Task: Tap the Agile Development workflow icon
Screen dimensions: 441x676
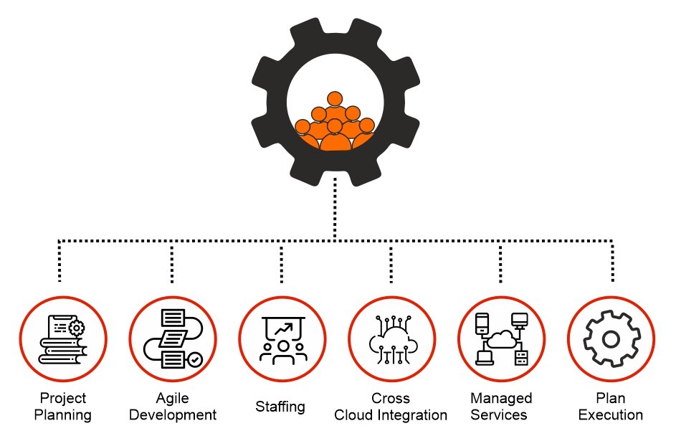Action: pos(173,338)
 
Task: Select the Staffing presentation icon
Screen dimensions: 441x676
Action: pos(282,338)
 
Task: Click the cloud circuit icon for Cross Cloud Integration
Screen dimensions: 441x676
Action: pos(391,338)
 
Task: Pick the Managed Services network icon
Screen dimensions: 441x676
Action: pos(501,338)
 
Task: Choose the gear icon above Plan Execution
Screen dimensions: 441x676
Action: pos(611,338)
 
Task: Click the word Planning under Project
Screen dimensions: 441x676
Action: pos(63,415)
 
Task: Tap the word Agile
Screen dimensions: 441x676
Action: pos(172,398)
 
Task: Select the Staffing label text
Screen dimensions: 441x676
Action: pos(280,407)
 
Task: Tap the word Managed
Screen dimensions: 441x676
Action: pos(501,398)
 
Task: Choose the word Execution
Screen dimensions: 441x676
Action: pos(611,415)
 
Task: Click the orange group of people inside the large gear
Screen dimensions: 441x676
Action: pos(334,125)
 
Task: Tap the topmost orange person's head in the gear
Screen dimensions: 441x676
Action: pos(334,99)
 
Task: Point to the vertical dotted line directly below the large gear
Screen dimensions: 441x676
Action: pos(334,208)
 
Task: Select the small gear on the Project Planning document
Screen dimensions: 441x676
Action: pos(75,328)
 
